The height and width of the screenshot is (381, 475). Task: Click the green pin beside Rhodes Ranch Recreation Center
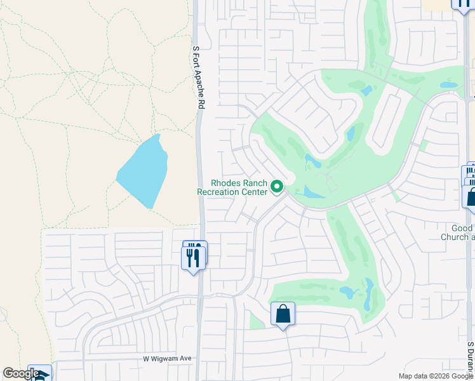[277, 187]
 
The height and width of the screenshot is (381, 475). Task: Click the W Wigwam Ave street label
[167, 359]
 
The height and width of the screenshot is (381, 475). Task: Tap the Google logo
[21, 373]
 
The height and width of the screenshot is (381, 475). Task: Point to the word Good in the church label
[462, 228]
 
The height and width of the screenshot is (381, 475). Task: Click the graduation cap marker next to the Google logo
[40, 373]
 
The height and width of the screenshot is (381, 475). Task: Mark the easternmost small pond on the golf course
[449, 84]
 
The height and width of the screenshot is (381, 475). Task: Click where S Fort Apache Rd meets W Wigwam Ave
[199, 359]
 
